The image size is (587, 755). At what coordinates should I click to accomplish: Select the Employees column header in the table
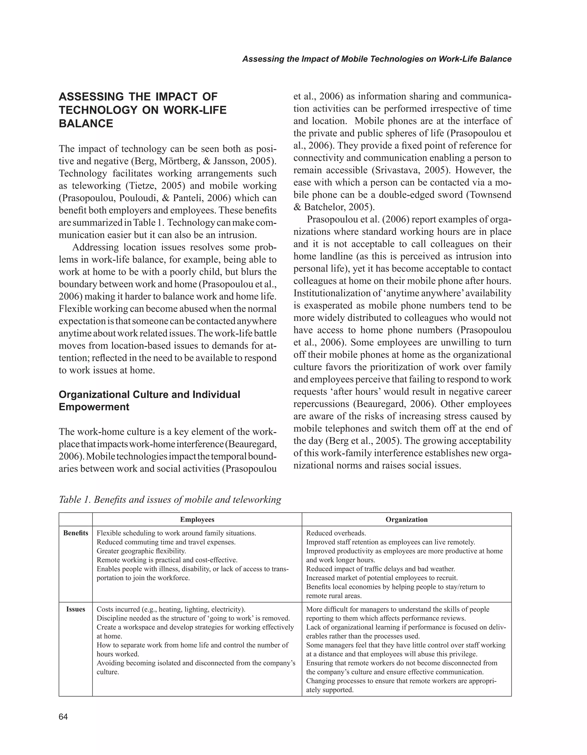(197, 520)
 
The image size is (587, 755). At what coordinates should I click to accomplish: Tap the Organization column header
(406, 520)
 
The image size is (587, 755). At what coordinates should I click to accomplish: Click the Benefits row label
(76, 533)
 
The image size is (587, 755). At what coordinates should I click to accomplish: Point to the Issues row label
(76, 609)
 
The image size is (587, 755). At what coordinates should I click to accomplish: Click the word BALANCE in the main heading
(86, 123)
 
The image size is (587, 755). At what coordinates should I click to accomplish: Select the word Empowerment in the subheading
(94, 407)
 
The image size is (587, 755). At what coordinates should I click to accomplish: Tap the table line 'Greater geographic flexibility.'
(141, 551)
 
